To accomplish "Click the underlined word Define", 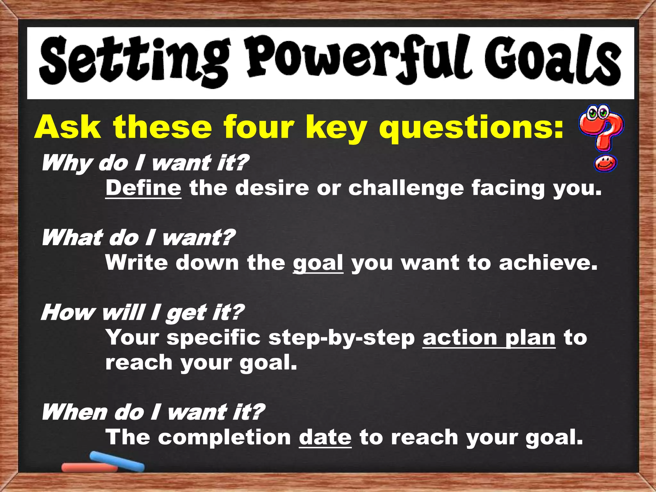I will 143,188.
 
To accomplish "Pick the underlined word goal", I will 318,263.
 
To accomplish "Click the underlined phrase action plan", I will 489,338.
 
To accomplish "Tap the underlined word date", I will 325,438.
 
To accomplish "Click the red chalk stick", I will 90,468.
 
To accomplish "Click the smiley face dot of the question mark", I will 605,164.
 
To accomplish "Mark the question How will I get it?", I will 143,313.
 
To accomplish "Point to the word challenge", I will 406,188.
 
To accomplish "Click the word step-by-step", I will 341,338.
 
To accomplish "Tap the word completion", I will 224,438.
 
